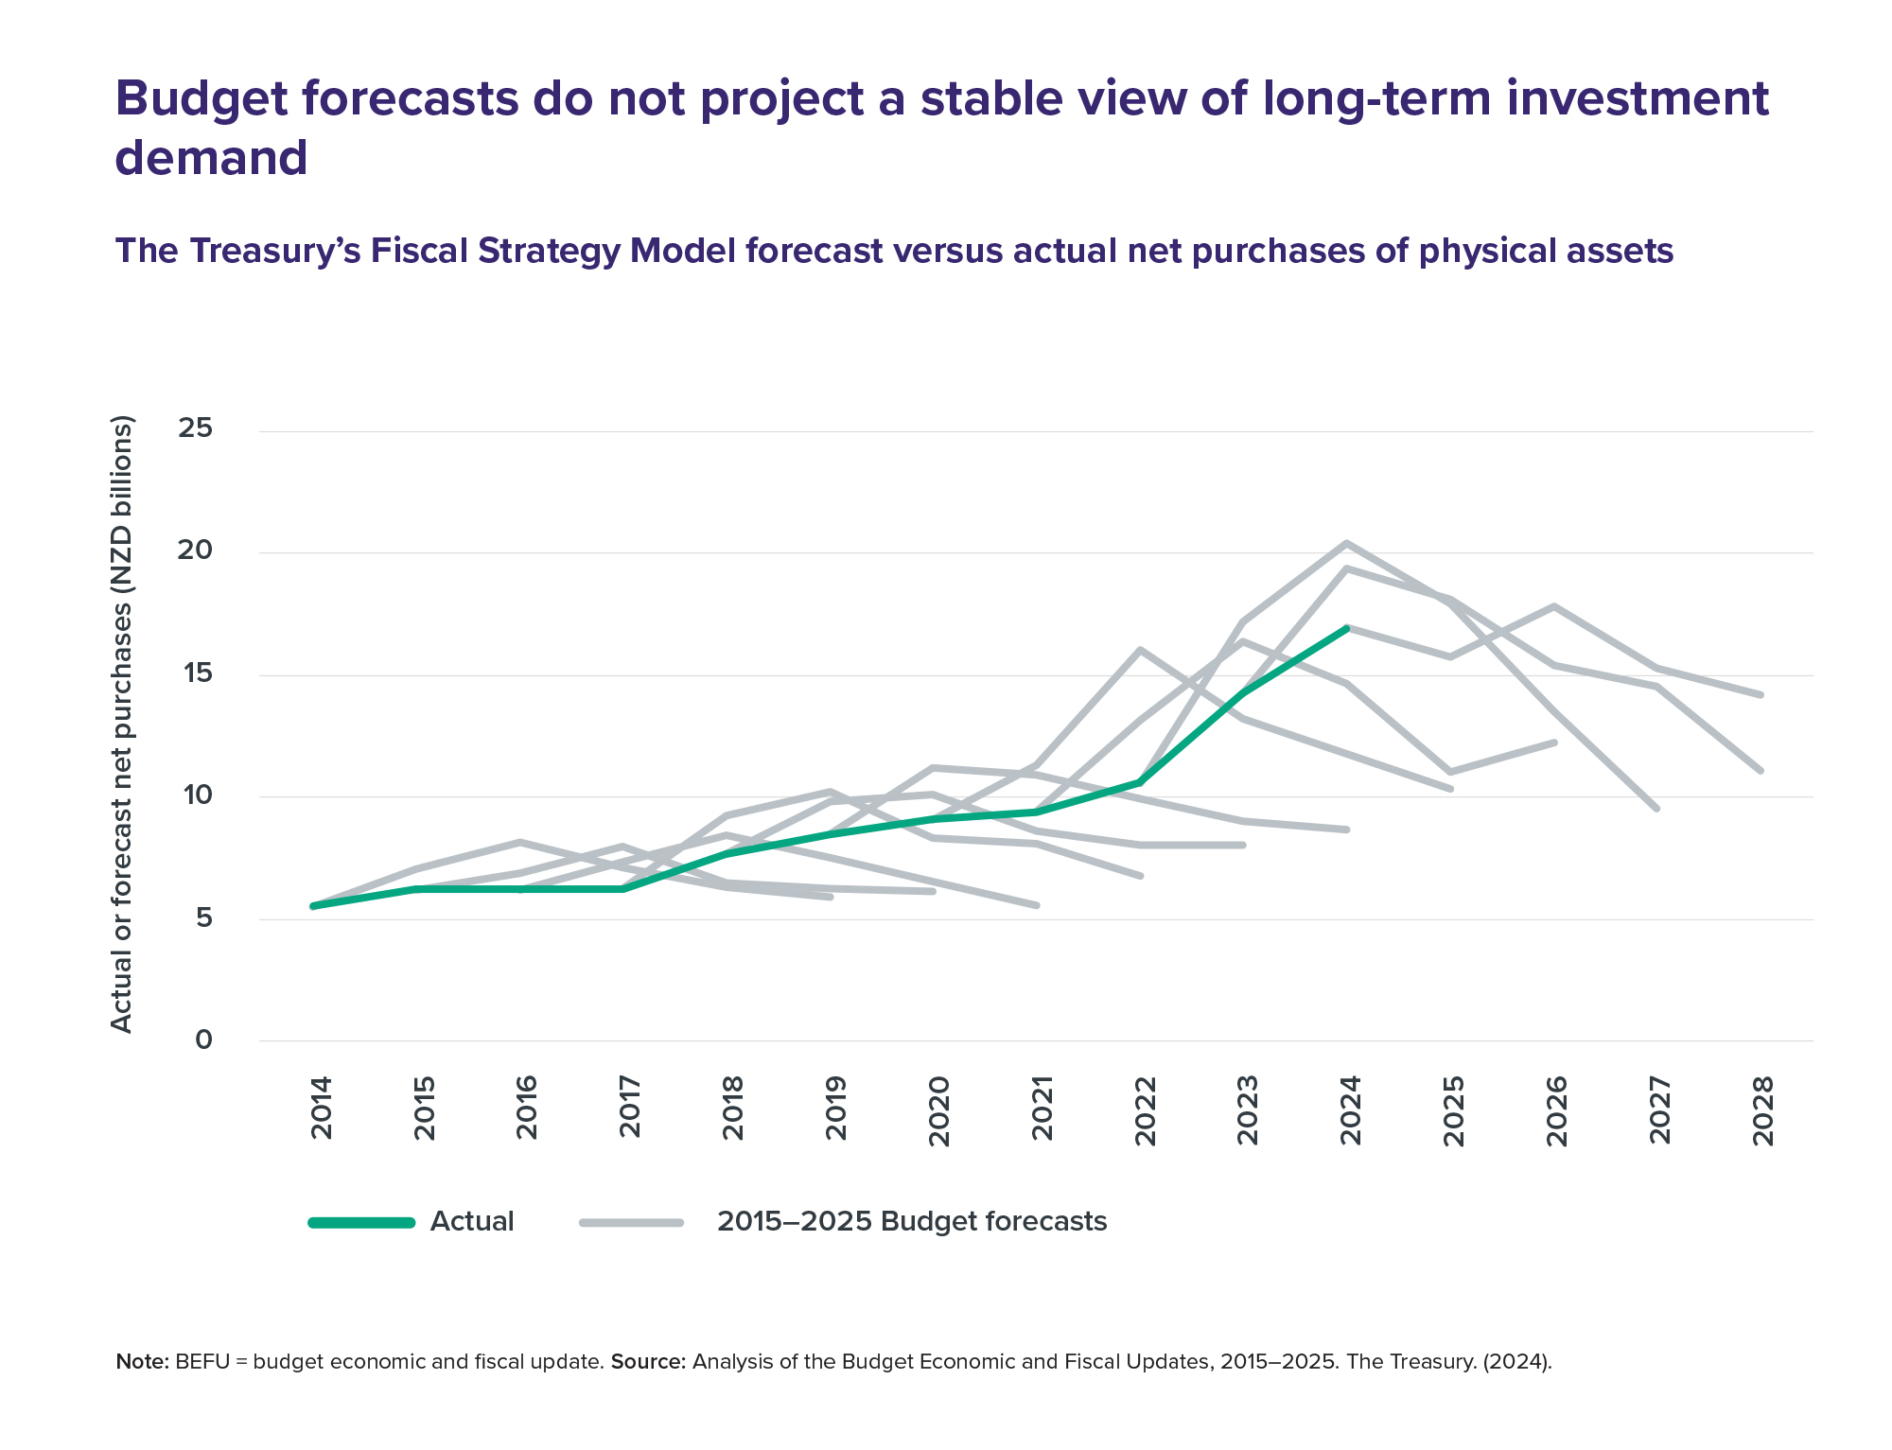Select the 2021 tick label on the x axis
click(1042, 1110)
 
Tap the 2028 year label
click(1762, 1110)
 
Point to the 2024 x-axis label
click(1350, 1110)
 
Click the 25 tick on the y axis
click(195, 428)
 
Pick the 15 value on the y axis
click(195, 673)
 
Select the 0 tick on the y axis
click(203, 1039)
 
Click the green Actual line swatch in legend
click(361, 1223)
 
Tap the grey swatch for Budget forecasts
click(631, 1223)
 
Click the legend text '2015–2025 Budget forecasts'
click(912, 1222)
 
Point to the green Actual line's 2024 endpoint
click(1346, 628)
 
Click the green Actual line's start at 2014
click(313, 906)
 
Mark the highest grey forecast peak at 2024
click(1346, 543)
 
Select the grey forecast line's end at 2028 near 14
click(1761, 695)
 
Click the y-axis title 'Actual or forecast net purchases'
click(122, 724)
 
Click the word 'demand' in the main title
click(211, 157)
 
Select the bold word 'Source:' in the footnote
click(648, 1362)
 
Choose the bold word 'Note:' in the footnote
click(142, 1362)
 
